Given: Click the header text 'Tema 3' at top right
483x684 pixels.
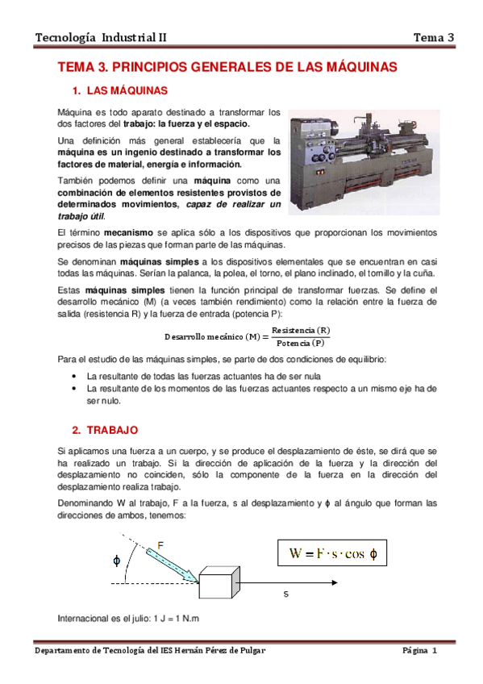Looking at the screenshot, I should click(434, 37).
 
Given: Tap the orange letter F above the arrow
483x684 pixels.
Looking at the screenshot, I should click(161, 546).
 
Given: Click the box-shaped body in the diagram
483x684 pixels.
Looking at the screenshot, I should click(218, 583).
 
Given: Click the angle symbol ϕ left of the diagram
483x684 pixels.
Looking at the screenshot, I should click(117, 558).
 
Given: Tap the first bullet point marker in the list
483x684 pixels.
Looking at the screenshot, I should click(75, 377).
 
